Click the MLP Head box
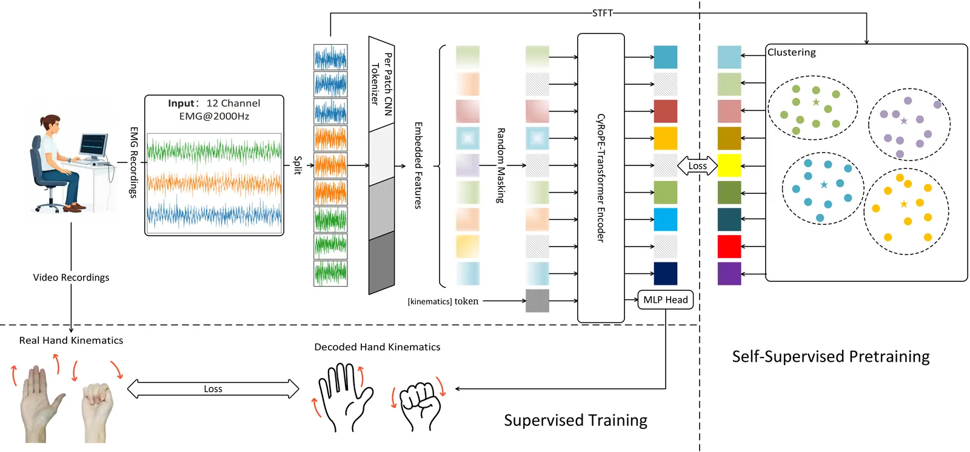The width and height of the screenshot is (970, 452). [665, 300]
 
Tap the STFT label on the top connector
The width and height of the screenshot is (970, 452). [602, 13]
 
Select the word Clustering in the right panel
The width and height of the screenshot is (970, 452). [791, 53]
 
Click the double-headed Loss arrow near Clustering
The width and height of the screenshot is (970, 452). [697, 165]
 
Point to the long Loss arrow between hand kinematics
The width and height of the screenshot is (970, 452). [213, 389]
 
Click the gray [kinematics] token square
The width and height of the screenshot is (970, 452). [537, 301]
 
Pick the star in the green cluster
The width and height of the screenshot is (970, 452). [816, 102]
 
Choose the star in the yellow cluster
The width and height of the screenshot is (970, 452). [904, 204]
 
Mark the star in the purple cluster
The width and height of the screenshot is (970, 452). [904, 121]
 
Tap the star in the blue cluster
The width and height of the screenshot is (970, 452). [824, 185]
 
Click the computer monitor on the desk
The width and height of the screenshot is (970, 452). [94, 145]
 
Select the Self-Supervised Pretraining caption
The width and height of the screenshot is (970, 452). [831, 356]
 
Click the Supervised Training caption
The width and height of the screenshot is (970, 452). [575, 420]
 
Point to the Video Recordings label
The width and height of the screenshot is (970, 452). [71, 278]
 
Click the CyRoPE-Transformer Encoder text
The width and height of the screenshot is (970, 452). [601, 178]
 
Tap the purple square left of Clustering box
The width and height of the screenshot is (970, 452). [729, 274]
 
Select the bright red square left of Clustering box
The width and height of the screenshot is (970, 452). [729, 247]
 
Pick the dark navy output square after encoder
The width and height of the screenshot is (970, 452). [666, 274]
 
